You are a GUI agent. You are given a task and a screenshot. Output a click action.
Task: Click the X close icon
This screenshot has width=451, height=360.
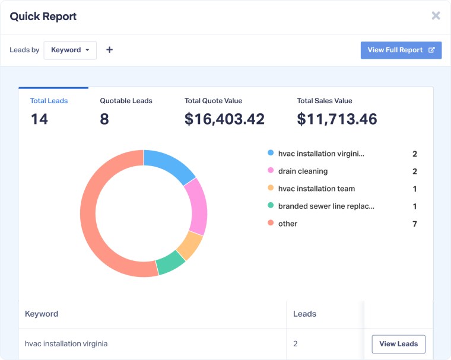tap(436, 16)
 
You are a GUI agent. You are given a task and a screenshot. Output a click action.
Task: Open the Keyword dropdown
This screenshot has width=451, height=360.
tap(70, 50)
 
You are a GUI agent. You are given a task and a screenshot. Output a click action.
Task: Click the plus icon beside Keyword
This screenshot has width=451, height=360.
tap(109, 50)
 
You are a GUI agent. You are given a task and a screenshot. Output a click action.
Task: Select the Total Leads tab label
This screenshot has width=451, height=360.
tap(49, 101)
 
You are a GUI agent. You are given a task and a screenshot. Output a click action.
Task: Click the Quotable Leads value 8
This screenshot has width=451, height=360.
tap(104, 119)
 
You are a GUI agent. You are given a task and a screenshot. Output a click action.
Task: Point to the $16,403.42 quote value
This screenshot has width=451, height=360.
tap(224, 119)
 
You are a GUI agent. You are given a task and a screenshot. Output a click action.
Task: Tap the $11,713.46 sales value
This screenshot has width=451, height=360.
tap(336, 119)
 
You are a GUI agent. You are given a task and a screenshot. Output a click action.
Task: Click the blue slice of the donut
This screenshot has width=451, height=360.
tap(169, 164)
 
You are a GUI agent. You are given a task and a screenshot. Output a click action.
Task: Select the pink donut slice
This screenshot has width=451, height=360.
tap(196, 206)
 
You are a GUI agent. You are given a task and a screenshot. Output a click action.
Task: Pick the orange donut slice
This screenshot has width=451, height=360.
tap(189, 246)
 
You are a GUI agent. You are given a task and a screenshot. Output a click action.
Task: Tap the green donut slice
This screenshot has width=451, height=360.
tap(170, 263)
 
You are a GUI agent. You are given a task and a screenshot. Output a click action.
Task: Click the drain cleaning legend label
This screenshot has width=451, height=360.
tap(303, 171)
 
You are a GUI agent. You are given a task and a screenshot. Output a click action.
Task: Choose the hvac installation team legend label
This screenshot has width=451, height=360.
tap(316, 189)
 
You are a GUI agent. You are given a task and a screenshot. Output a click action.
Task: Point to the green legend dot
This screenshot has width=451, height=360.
tap(271, 206)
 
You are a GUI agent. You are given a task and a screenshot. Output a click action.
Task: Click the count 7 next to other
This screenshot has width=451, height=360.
tap(415, 224)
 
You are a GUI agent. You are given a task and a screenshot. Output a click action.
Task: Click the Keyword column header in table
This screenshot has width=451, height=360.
tap(42, 314)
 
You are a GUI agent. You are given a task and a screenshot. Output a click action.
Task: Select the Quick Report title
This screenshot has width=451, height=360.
tap(43, 17)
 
